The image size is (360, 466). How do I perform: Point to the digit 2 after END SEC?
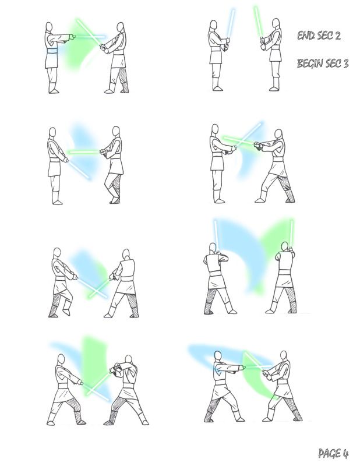point(337,36)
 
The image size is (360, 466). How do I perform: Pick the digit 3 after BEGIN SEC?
point(346,63)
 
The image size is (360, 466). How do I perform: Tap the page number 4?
point(345,454)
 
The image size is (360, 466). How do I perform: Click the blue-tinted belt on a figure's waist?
point(52,51)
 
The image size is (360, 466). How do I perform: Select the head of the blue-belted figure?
point(49,26)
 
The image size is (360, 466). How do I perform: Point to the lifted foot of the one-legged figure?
point(66,312)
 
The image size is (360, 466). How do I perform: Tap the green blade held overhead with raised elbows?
point(291,233)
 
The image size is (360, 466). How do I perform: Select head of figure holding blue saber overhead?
point(212,248)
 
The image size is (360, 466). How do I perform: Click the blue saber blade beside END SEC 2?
point(231,23)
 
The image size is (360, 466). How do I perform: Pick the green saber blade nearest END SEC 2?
point(257,22)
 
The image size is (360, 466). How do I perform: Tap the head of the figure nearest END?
point(276,23)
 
